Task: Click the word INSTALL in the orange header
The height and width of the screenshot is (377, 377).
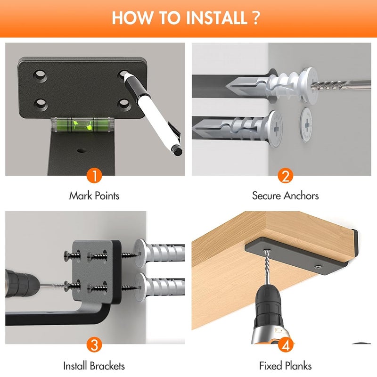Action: tap(217, 18)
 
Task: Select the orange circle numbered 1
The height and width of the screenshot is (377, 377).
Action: tap(95, 175)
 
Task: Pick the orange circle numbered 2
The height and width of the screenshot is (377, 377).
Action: tap(286, 176)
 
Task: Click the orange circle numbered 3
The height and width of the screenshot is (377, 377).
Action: tap(95, 344)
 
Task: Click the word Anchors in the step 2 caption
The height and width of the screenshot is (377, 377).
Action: tap(301, 196)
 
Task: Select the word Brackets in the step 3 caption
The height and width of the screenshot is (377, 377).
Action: tap(107, 366)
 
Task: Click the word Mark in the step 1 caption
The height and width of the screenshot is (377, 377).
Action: tap(81, 196)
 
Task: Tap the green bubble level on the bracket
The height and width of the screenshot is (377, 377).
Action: tap(82, 124)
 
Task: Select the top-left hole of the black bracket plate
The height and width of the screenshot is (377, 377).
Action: tap(40, 75)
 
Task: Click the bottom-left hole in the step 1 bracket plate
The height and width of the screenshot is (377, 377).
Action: tap(41, 104)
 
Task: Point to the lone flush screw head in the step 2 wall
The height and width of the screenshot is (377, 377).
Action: tap(306, 124)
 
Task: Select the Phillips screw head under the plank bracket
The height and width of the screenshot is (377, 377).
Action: tap(319, 267)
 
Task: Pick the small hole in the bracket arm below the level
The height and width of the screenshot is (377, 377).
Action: tap(81, 151)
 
